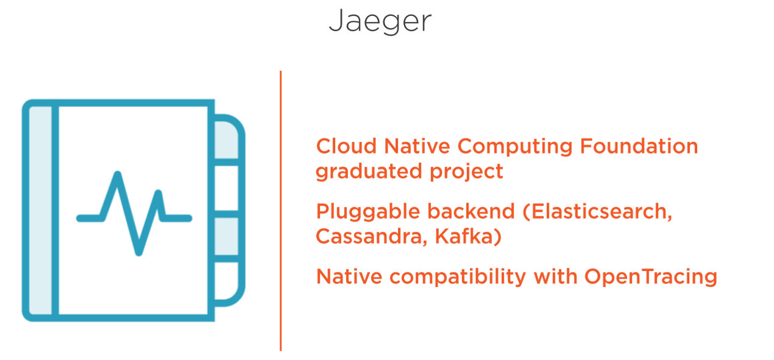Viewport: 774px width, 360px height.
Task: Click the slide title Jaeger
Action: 380,21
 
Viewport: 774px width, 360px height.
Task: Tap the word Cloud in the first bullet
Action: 346,146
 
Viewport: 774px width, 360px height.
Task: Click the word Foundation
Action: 639,146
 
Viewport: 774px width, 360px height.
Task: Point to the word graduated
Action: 369,172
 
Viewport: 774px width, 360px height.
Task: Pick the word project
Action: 467,172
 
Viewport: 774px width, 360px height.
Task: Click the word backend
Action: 471,211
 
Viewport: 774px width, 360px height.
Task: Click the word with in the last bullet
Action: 555,276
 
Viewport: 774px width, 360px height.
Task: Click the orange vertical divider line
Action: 281,211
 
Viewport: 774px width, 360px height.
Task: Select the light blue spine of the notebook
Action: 40,211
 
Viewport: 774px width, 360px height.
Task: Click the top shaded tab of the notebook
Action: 226,140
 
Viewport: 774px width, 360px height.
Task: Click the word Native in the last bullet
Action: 349,276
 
